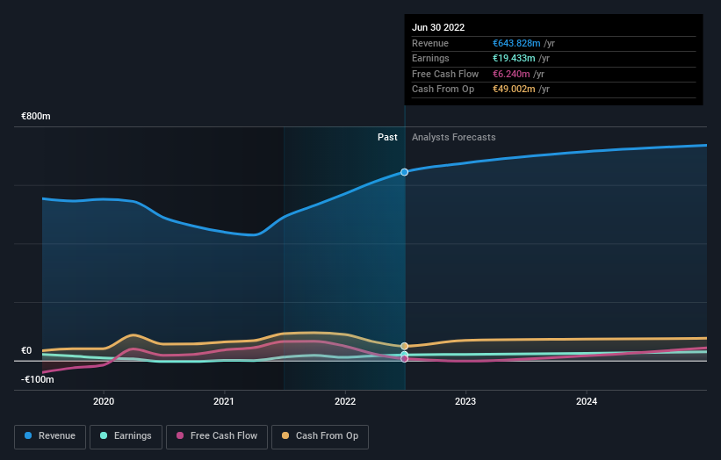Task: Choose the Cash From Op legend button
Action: (x=320, y=435)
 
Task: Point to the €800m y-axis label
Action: (x=36, y=117)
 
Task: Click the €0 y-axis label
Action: (x=26, y=351)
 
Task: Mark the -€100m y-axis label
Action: (x=38, y=379)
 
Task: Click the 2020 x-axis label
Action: (x=104, y=401)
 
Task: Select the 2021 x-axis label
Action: (x=225, y=401)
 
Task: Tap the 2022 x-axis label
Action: (x=345, y=401)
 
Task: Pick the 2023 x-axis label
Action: (x=465, y=401)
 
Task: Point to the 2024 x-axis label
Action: (x=587, y=401)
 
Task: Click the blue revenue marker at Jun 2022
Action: (x=405, y=172)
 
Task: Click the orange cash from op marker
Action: (x=405, y=346)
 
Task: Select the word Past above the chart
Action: (x=387, y=138)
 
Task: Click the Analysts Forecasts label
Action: (x=453, y=138)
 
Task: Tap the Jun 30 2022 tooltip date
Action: (x=438, y=27)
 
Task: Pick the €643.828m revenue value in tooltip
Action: (x=516, y=43)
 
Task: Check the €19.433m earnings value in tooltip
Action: (x=514, y=59)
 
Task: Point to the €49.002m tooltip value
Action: (x=514, y=89)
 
